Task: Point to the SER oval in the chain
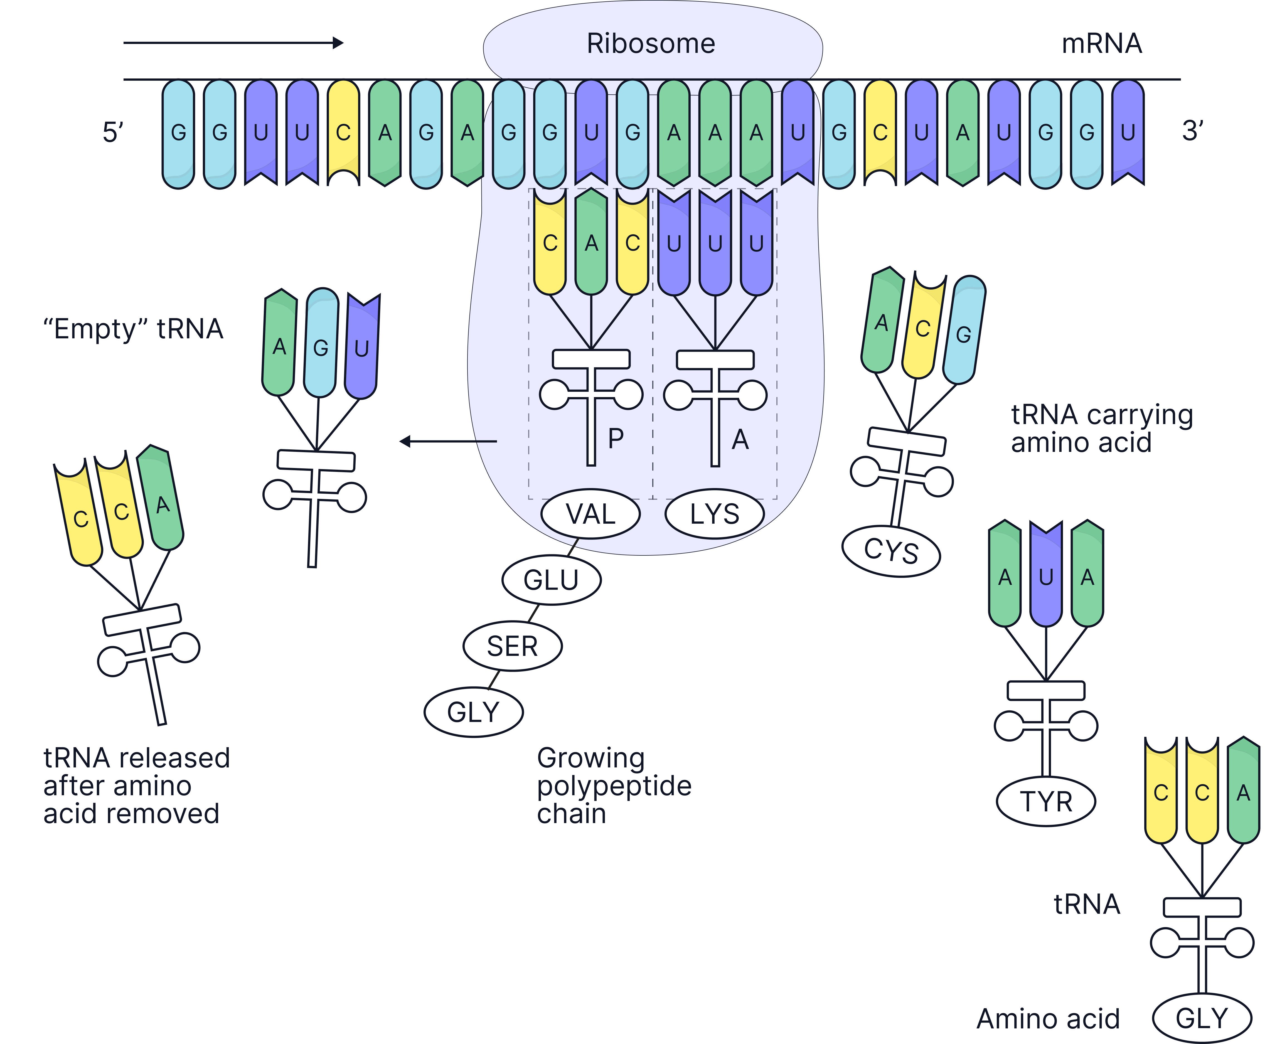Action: pos(512,646)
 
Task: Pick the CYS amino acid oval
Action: pos(891,551)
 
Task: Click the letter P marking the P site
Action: pos(615,439)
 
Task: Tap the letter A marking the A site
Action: pos(740,440)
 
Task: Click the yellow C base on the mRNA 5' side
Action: pos(343,132)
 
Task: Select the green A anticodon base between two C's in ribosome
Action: pos(591,243)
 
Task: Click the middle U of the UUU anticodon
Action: pos(715,243)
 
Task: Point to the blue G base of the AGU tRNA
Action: pos(321,347)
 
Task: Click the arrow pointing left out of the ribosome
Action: pos(448,441)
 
